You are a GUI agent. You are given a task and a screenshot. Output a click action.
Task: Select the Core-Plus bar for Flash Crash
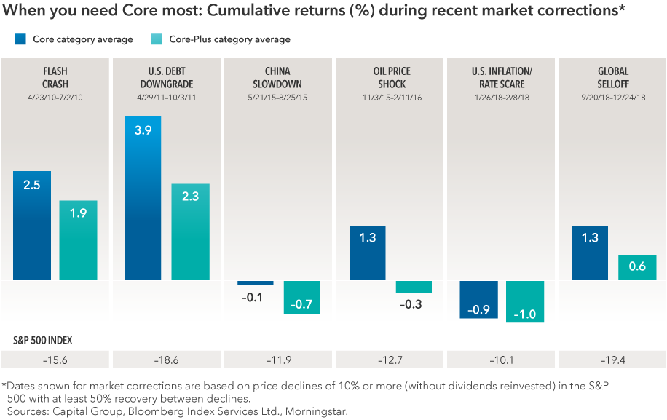pos(78,240)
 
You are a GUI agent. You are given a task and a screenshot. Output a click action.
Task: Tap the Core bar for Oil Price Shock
pos(367,253)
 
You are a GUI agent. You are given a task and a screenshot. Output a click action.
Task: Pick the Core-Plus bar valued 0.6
pos(637,267)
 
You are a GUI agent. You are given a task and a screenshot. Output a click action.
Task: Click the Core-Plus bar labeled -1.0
pos(525,301)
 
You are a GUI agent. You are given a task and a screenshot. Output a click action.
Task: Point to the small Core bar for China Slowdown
pos(256,282)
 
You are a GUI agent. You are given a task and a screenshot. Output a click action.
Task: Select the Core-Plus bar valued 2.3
pos(190,231)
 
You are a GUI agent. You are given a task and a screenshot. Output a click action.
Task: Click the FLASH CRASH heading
pos(55,77)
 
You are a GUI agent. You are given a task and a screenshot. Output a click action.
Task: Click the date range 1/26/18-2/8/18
pos(501,95)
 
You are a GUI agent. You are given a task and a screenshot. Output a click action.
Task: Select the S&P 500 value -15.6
pos(55,360)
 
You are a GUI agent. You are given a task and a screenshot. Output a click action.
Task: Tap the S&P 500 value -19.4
pos(611,360)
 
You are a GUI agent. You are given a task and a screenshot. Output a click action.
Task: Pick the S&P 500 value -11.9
pos(278,360)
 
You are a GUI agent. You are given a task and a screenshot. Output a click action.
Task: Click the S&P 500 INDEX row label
pos(42,340)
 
